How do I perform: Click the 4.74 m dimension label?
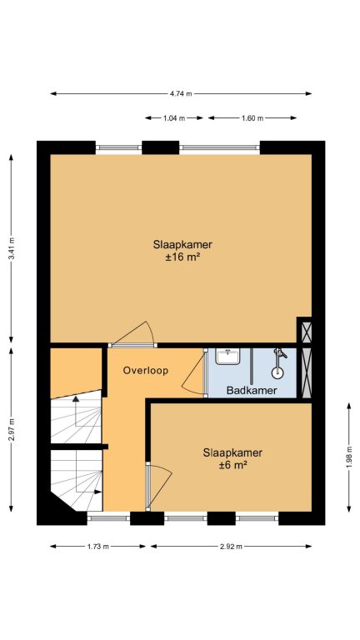181,93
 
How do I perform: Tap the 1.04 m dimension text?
174,118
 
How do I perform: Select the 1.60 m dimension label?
252,118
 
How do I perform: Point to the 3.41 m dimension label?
12,248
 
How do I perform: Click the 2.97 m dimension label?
12,430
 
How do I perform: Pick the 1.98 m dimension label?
349,457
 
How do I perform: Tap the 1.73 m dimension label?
97,547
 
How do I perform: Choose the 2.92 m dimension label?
231,547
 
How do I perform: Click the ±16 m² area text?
182,257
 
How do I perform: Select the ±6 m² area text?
232,465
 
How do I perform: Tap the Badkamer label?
252,391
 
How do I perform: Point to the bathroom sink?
228,357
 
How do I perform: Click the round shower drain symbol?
278,372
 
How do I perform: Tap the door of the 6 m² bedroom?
159,486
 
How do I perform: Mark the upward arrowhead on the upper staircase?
76,399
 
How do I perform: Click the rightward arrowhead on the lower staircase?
98,492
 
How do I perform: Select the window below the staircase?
108,518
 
